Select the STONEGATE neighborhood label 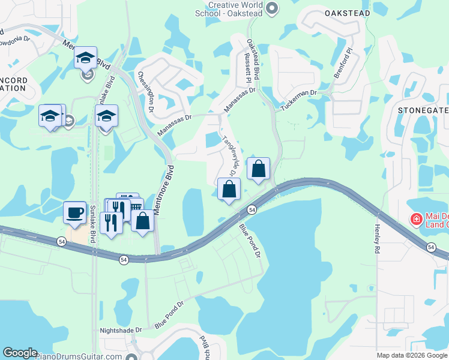tap(423, 110)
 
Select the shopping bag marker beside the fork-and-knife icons tap(143, 220)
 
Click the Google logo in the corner tap(20, 353)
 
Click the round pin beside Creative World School tap(272, 8)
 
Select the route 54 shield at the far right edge tap(431, 247)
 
